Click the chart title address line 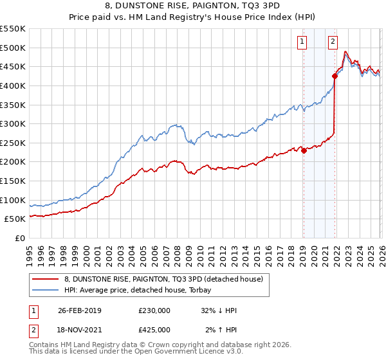point(192,6)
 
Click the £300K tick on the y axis point(13,123)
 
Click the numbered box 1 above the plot point(302,42)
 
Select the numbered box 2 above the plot point(333,42)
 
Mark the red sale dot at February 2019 point(304,151)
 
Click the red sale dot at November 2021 point(335,76)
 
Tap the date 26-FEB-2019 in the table point(84,310)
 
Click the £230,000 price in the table point(154,310)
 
